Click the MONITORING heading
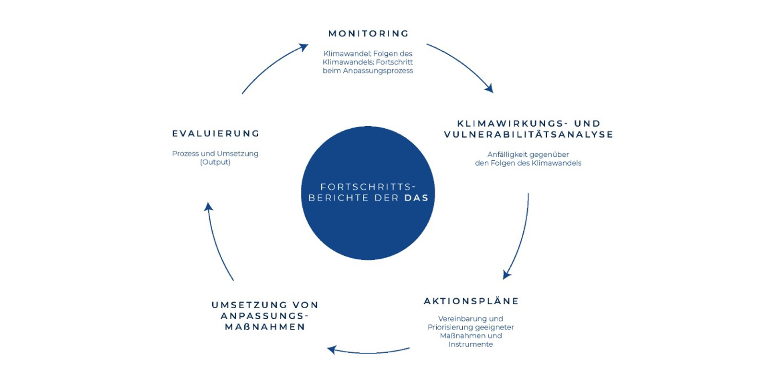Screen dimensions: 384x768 368,34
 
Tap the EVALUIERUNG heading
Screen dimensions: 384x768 216,133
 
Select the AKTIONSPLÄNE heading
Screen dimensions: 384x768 471,301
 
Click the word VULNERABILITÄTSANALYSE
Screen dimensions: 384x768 528,135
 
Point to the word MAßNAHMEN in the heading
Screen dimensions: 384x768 265,327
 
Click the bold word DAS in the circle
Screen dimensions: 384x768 416,198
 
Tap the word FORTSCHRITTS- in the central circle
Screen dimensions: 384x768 368,187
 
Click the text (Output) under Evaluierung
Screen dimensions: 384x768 215,162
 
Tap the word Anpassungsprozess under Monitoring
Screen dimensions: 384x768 378,71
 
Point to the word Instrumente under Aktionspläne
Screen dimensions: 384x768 470,344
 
